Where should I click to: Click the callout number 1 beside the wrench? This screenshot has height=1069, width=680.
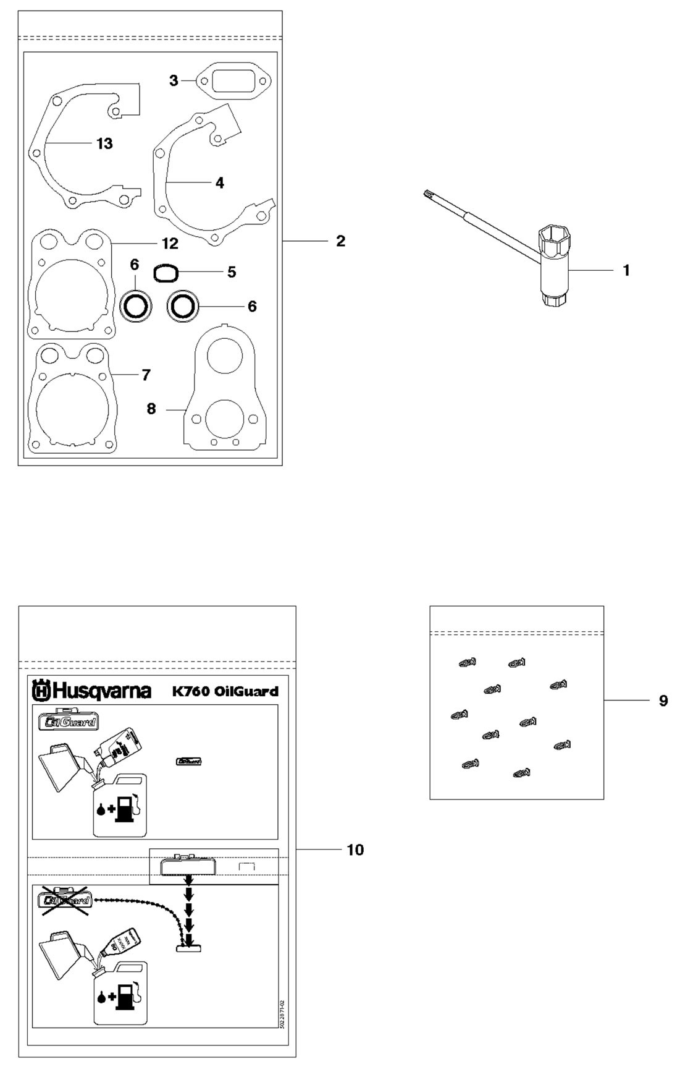[x=626, y=270]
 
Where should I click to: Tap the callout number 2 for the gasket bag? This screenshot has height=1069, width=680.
[x=340, y=241]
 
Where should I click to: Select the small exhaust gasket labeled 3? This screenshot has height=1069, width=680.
[x=233, y=81]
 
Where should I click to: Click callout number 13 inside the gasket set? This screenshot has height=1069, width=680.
[x=104, y=143]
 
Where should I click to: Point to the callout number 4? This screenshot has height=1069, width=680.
[x=219, y=183]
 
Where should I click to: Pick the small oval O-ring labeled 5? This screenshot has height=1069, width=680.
[x=166, y=273]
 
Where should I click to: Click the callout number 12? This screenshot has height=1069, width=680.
[x=170, y=244]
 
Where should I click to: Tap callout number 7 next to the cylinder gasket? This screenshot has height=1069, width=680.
[x=146, y=375]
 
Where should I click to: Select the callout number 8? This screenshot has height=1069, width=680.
[x=151, y=409]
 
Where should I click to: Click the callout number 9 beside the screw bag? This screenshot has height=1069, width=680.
[x=663, y=701]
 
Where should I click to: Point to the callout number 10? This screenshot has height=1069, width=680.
[x=355, y=850]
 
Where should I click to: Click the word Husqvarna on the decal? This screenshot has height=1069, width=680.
[x=102, y=690]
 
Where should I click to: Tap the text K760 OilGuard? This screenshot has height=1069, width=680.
[x=225, y=691]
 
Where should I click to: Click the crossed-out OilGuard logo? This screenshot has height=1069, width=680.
[x=65, y=900]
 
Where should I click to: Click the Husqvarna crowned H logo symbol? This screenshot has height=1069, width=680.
[x=41, y=691]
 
